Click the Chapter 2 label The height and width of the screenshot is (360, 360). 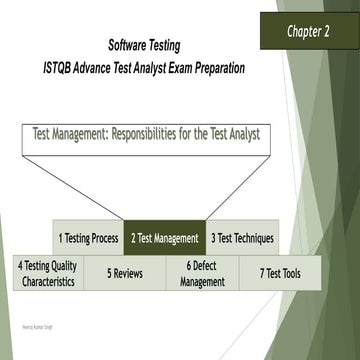(x=310, y=31)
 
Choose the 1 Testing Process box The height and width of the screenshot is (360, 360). (x=88, y=238)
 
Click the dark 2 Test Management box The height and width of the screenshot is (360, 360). (x=164, y=238)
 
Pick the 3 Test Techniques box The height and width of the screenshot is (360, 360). (x=242, y=238)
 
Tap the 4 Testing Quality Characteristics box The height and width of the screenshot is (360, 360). (x=47, y=273)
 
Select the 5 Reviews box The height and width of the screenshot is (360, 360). (x=123, y=273)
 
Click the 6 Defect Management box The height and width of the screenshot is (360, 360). (x=202, y=273)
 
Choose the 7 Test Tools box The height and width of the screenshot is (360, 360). (x=279, y=273)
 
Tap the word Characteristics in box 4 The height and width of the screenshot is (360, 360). (x=47, y=282)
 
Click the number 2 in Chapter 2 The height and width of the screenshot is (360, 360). (x=332, y=31)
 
